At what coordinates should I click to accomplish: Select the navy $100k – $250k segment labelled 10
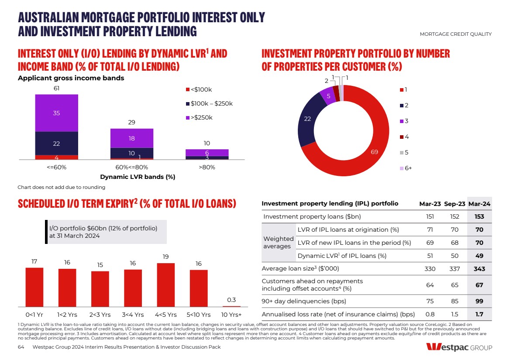point(131,153)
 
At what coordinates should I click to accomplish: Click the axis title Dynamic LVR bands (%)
point(131,177)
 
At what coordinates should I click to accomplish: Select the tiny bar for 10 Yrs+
point(231,306)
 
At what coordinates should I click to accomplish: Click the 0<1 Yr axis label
point(34,314)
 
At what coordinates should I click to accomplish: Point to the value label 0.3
point(231,300)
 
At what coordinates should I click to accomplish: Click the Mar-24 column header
point(479,204)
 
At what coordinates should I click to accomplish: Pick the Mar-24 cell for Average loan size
point(479,269)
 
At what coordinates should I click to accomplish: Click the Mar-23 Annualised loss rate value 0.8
point(430,314)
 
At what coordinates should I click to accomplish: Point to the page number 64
point(21,347)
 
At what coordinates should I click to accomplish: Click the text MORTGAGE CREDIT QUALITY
point(455,34)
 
